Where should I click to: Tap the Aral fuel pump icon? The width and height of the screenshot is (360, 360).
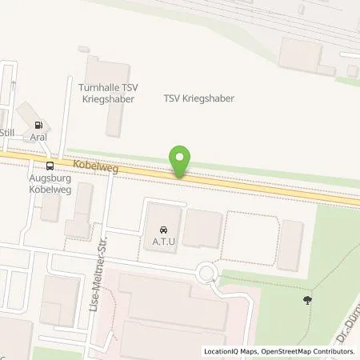(38, 125)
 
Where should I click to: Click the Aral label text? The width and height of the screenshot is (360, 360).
(38, 137)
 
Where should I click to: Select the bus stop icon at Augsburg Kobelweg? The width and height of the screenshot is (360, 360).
(51, 166)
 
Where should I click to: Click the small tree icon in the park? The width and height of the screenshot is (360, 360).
(308, 301)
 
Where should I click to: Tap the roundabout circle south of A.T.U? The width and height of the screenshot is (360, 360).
(208, 273)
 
